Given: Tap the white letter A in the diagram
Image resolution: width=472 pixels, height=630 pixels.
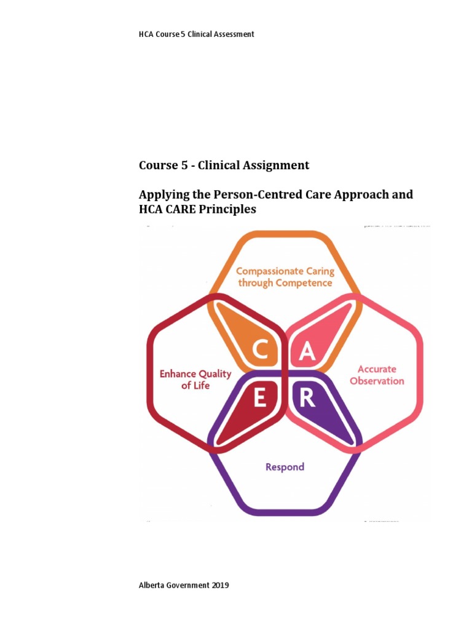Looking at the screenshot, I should pos(307,351).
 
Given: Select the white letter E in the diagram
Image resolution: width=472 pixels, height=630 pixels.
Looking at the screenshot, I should pos(260,399).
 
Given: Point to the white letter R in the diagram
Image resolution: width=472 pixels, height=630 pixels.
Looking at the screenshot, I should pos(307,399).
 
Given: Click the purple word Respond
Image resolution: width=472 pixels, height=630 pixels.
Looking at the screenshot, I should pos(285,467).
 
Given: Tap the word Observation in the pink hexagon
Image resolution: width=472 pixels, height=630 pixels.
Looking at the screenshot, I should pos(377,381).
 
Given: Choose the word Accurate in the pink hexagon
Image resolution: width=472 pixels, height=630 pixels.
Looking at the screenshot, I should pos(377,369).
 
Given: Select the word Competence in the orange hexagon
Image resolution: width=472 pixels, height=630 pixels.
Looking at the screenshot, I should pos(304,283).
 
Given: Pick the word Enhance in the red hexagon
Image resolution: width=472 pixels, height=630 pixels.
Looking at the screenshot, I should pos(178,373).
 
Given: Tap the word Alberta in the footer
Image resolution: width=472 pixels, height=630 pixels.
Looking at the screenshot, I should pos(152,586).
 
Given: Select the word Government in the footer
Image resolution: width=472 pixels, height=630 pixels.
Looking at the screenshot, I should pos(188,586).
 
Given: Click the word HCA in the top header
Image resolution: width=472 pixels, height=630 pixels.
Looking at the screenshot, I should pos(146,34).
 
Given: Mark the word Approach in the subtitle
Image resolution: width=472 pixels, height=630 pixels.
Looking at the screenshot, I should pos(357,195).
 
